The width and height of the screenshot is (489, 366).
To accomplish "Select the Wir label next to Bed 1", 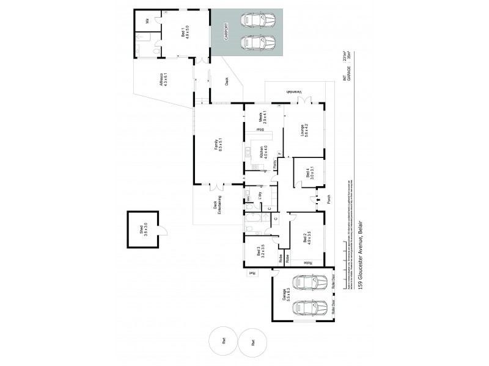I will pyautogui.click(x=147, y=21).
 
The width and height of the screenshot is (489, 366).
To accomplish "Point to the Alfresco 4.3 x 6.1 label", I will pyautogui.click(x=164, y=81).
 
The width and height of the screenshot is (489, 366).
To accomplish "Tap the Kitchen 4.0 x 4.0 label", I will pyautogui.click(x=262, y=152).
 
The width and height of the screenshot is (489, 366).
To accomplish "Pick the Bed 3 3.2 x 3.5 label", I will pyautogui.click(x=261, y=253).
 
